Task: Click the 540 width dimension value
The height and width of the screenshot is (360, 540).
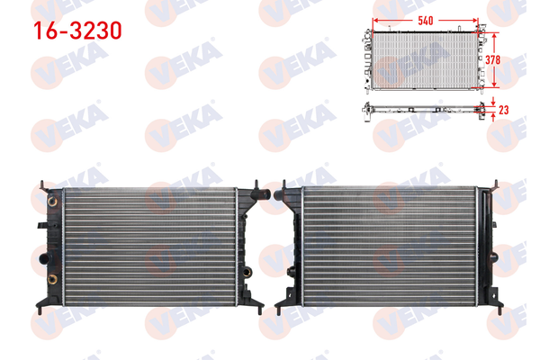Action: coord(426,18)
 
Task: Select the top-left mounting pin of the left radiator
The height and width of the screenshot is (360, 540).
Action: coord(42,186)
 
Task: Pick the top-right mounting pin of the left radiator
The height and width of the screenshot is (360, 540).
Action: coord(257,186)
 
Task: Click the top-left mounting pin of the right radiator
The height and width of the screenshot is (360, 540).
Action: coord(287,186)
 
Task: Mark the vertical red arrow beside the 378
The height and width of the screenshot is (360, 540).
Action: coord(493,59)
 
